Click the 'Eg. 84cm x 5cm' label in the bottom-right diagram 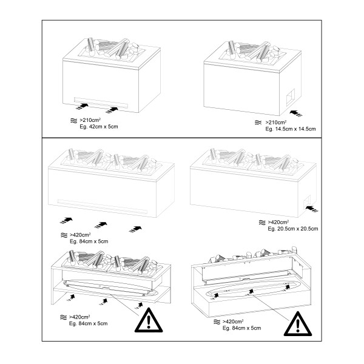point(242,328)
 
